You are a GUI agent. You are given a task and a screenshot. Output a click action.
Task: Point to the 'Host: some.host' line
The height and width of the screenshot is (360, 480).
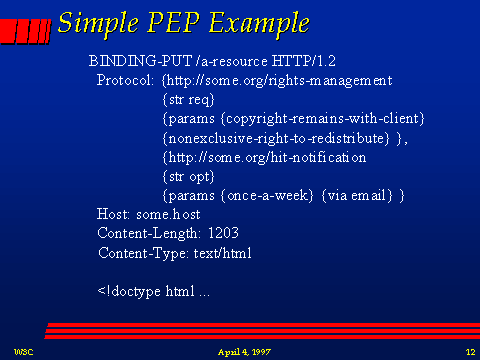pos(149,215)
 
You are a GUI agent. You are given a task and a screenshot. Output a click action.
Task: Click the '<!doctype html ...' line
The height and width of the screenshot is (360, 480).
pos(154,291)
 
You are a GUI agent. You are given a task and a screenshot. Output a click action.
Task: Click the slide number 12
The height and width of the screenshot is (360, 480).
pos(469,352)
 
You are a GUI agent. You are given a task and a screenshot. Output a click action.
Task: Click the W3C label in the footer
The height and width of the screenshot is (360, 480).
pos(22,352)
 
